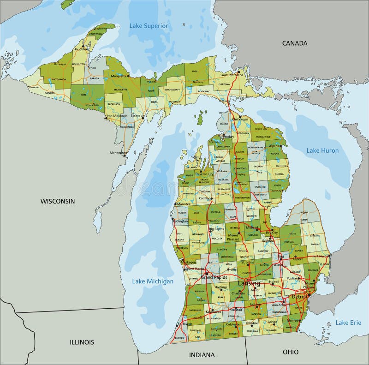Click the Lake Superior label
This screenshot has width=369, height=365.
point(149,26)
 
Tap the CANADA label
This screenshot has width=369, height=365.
point(294,43)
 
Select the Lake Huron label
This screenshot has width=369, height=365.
point(322,150)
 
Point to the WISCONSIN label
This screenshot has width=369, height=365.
point(57,201)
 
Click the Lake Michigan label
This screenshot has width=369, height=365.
point(153,281)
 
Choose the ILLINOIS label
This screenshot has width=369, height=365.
point(82,342)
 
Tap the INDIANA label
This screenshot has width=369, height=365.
point(202,355)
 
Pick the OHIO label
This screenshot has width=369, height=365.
point(290,352)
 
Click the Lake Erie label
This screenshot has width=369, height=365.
point(348,323)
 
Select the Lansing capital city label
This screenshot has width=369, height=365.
point(249,283)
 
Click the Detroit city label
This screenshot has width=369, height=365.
point(299,297)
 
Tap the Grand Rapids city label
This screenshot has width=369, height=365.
point(213,277)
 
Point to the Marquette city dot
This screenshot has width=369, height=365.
point(128,75)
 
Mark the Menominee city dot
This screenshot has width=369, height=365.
point(125,155)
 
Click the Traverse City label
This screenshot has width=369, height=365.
point(204,174)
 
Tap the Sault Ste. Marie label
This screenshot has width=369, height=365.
point(231,75)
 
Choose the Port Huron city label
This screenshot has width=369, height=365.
point(321,256)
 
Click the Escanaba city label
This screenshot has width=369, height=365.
point(137,115)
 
